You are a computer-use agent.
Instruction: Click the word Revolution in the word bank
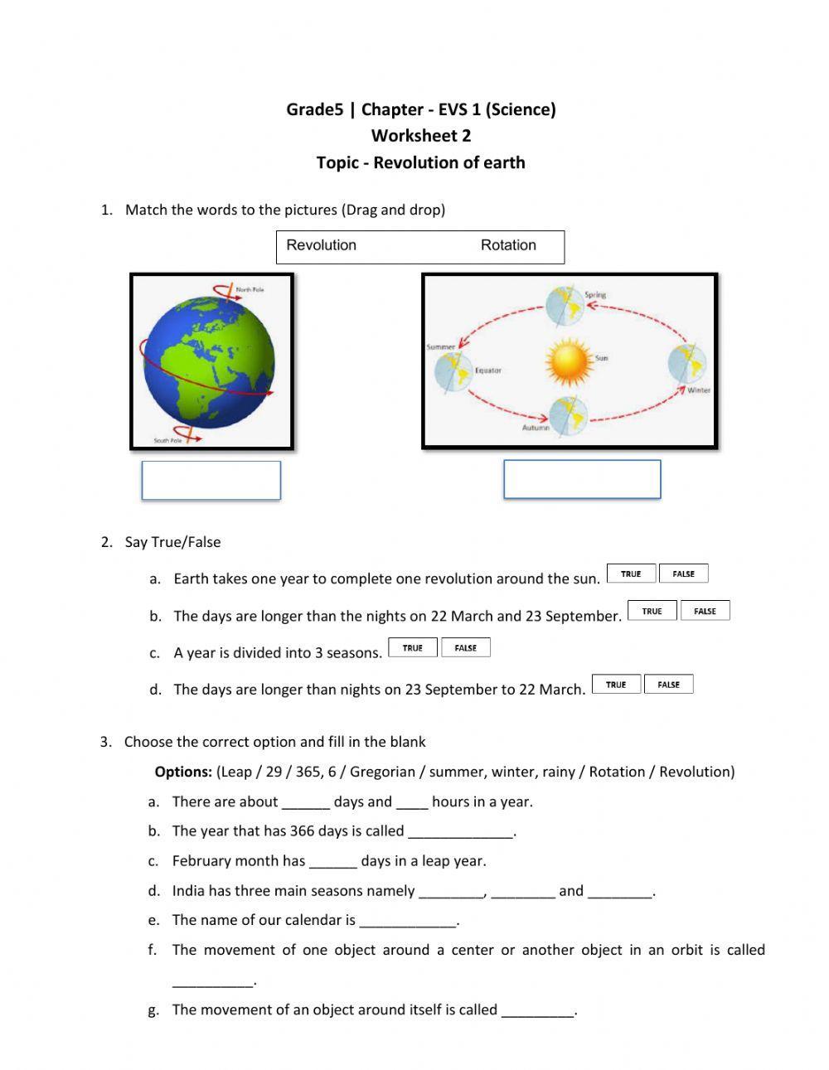coord(321,245)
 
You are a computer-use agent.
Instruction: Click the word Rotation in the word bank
coord(508,245)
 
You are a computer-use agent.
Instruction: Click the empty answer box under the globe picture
coord(211,481)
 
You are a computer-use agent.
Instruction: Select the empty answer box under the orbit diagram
coord(582,480)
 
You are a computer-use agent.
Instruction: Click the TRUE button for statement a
coord(631,574)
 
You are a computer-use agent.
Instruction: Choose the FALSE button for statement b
coord(705,611)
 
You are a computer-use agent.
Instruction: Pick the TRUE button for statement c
coord(413,648)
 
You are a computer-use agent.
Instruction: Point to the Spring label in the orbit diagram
coord(595,294)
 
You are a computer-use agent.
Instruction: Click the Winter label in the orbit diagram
coord(699,390)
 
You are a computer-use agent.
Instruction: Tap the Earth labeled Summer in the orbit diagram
coord(453,370)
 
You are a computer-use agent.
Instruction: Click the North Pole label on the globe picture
coord(250,290)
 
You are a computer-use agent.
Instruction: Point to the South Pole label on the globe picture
coord(167,440)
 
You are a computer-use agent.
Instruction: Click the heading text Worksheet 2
coord(420,136)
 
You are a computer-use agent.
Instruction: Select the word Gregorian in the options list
coord(382,772)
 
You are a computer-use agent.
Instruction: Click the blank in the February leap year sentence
coord(333,862)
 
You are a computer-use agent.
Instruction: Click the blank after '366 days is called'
coord(461,832)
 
